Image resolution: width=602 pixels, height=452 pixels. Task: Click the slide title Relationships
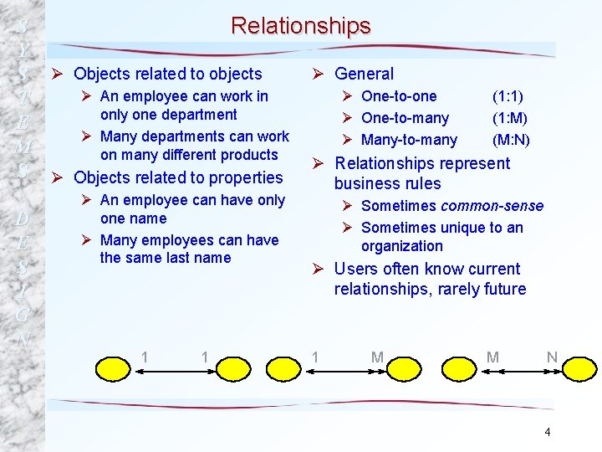(x=300, y=26)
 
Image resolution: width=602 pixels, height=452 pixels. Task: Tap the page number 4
(x=547, y=432)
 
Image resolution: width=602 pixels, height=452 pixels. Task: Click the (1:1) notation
(x=508, y=96)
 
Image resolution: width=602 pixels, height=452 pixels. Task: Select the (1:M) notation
(x=510, y=118)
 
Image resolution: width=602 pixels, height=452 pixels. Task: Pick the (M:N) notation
(x=511, y=140)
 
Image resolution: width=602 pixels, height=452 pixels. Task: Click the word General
(x=364, y=74)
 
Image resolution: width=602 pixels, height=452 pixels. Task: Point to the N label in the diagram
(x=552, y=357)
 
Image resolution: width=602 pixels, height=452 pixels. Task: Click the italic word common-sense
(x=492, y=206)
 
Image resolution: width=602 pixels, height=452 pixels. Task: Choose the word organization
(x=402, y=246)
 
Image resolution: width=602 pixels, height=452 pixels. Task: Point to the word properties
(x=249, y=177)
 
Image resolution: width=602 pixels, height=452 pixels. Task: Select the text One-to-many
(x=405, y=118)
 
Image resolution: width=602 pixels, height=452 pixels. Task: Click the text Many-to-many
(x=409, y=140)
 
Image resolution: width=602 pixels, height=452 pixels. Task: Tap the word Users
(x=355, y=269)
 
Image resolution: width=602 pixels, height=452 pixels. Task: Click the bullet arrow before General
(x=319, y=74)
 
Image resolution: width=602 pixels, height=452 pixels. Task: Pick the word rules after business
(x=421, y=183)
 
